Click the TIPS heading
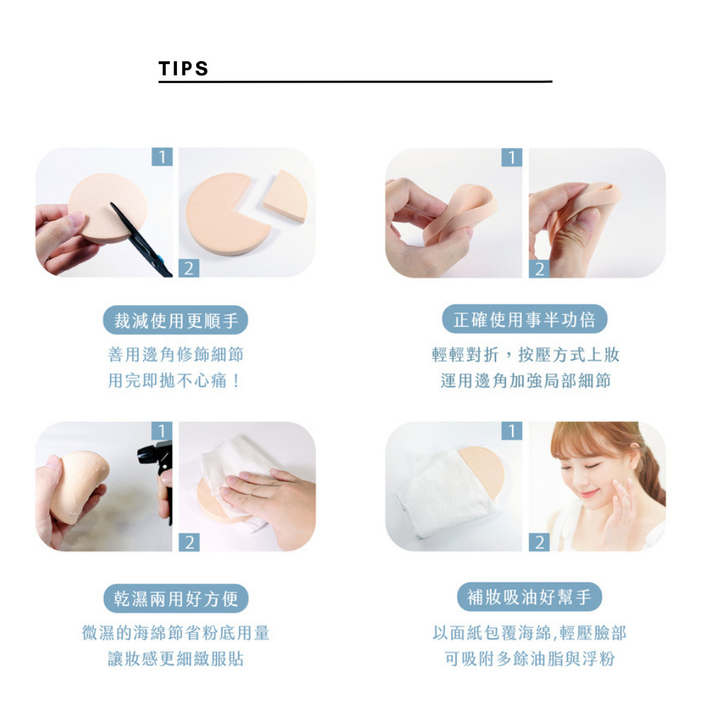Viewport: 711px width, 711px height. click(x=183, y=69)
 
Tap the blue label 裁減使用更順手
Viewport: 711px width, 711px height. click(x=176, y=320)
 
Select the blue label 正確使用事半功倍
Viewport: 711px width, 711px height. click(x=525, y=319)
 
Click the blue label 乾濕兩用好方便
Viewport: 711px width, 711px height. click(x=176, y=599)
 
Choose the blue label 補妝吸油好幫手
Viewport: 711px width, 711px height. click(x=529, y=597)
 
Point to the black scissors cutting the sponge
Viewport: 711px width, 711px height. click(x=141, y=240)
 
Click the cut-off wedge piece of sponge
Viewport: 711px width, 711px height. click(x=286, y=196)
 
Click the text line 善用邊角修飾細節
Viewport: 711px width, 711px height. click(x=176, y=354)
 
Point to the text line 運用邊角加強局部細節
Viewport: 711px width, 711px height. click(x=525, y=380)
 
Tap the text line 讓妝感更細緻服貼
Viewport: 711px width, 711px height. click(x=176, y=658)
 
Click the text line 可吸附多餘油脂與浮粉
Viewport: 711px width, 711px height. click(x=529, y=658)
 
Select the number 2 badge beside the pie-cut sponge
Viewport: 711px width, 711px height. click(x=189, y=269)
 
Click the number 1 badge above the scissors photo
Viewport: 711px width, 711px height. click(x=162, y=157)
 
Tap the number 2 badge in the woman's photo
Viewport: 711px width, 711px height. click(x=539, y=542)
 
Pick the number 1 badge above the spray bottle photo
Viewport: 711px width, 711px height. click(x=162, y=430)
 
